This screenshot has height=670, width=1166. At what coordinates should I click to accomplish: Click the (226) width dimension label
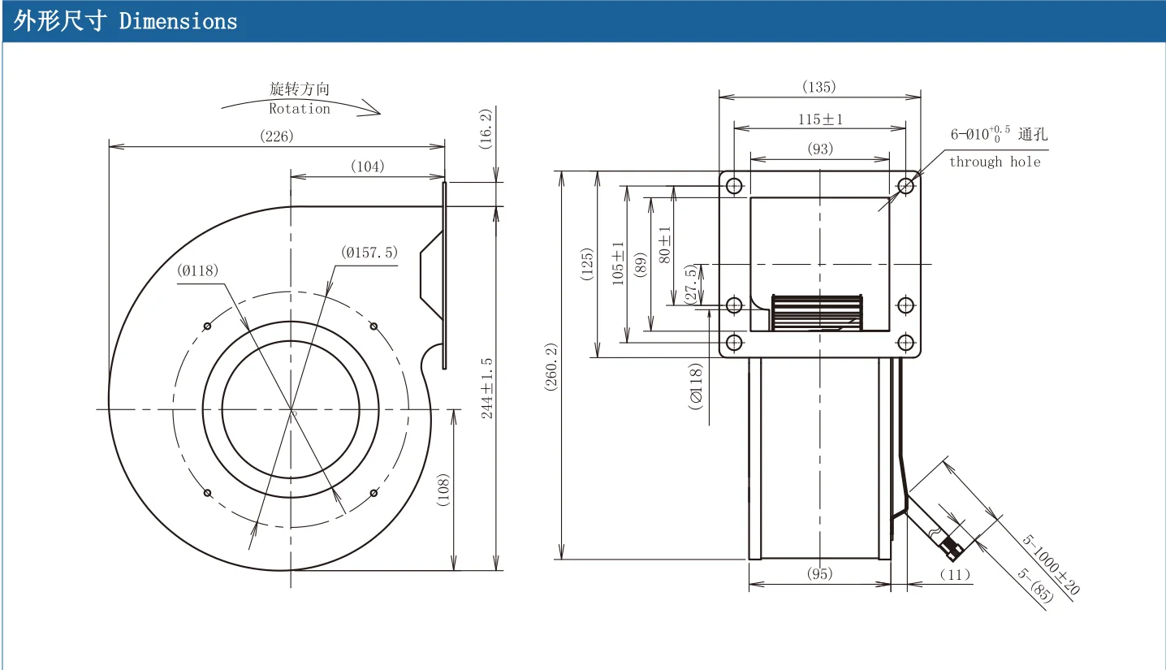(276, 136)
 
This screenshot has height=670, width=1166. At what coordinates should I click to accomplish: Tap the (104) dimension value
(368, 166)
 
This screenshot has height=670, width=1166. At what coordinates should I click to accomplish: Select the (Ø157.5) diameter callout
(369, 253)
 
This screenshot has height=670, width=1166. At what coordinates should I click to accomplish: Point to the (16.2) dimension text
(486, 128)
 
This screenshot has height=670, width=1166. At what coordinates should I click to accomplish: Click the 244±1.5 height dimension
(486, 388)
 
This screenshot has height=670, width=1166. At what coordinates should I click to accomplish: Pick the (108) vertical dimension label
(443, 490)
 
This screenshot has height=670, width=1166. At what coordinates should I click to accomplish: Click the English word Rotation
(300, 109)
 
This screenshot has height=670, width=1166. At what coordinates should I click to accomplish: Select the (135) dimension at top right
(819, 86)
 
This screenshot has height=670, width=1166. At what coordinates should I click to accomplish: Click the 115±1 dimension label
(820, 119)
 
